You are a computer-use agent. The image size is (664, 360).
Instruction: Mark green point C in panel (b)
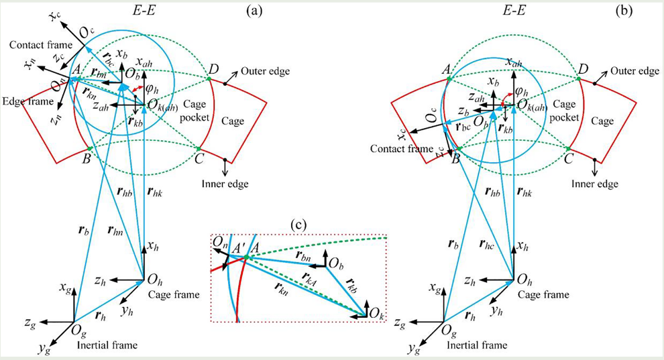point(569,147)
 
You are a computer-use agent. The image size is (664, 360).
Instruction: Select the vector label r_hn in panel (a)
point(117,231)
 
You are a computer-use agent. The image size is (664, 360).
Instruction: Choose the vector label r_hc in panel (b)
point(488,230)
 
